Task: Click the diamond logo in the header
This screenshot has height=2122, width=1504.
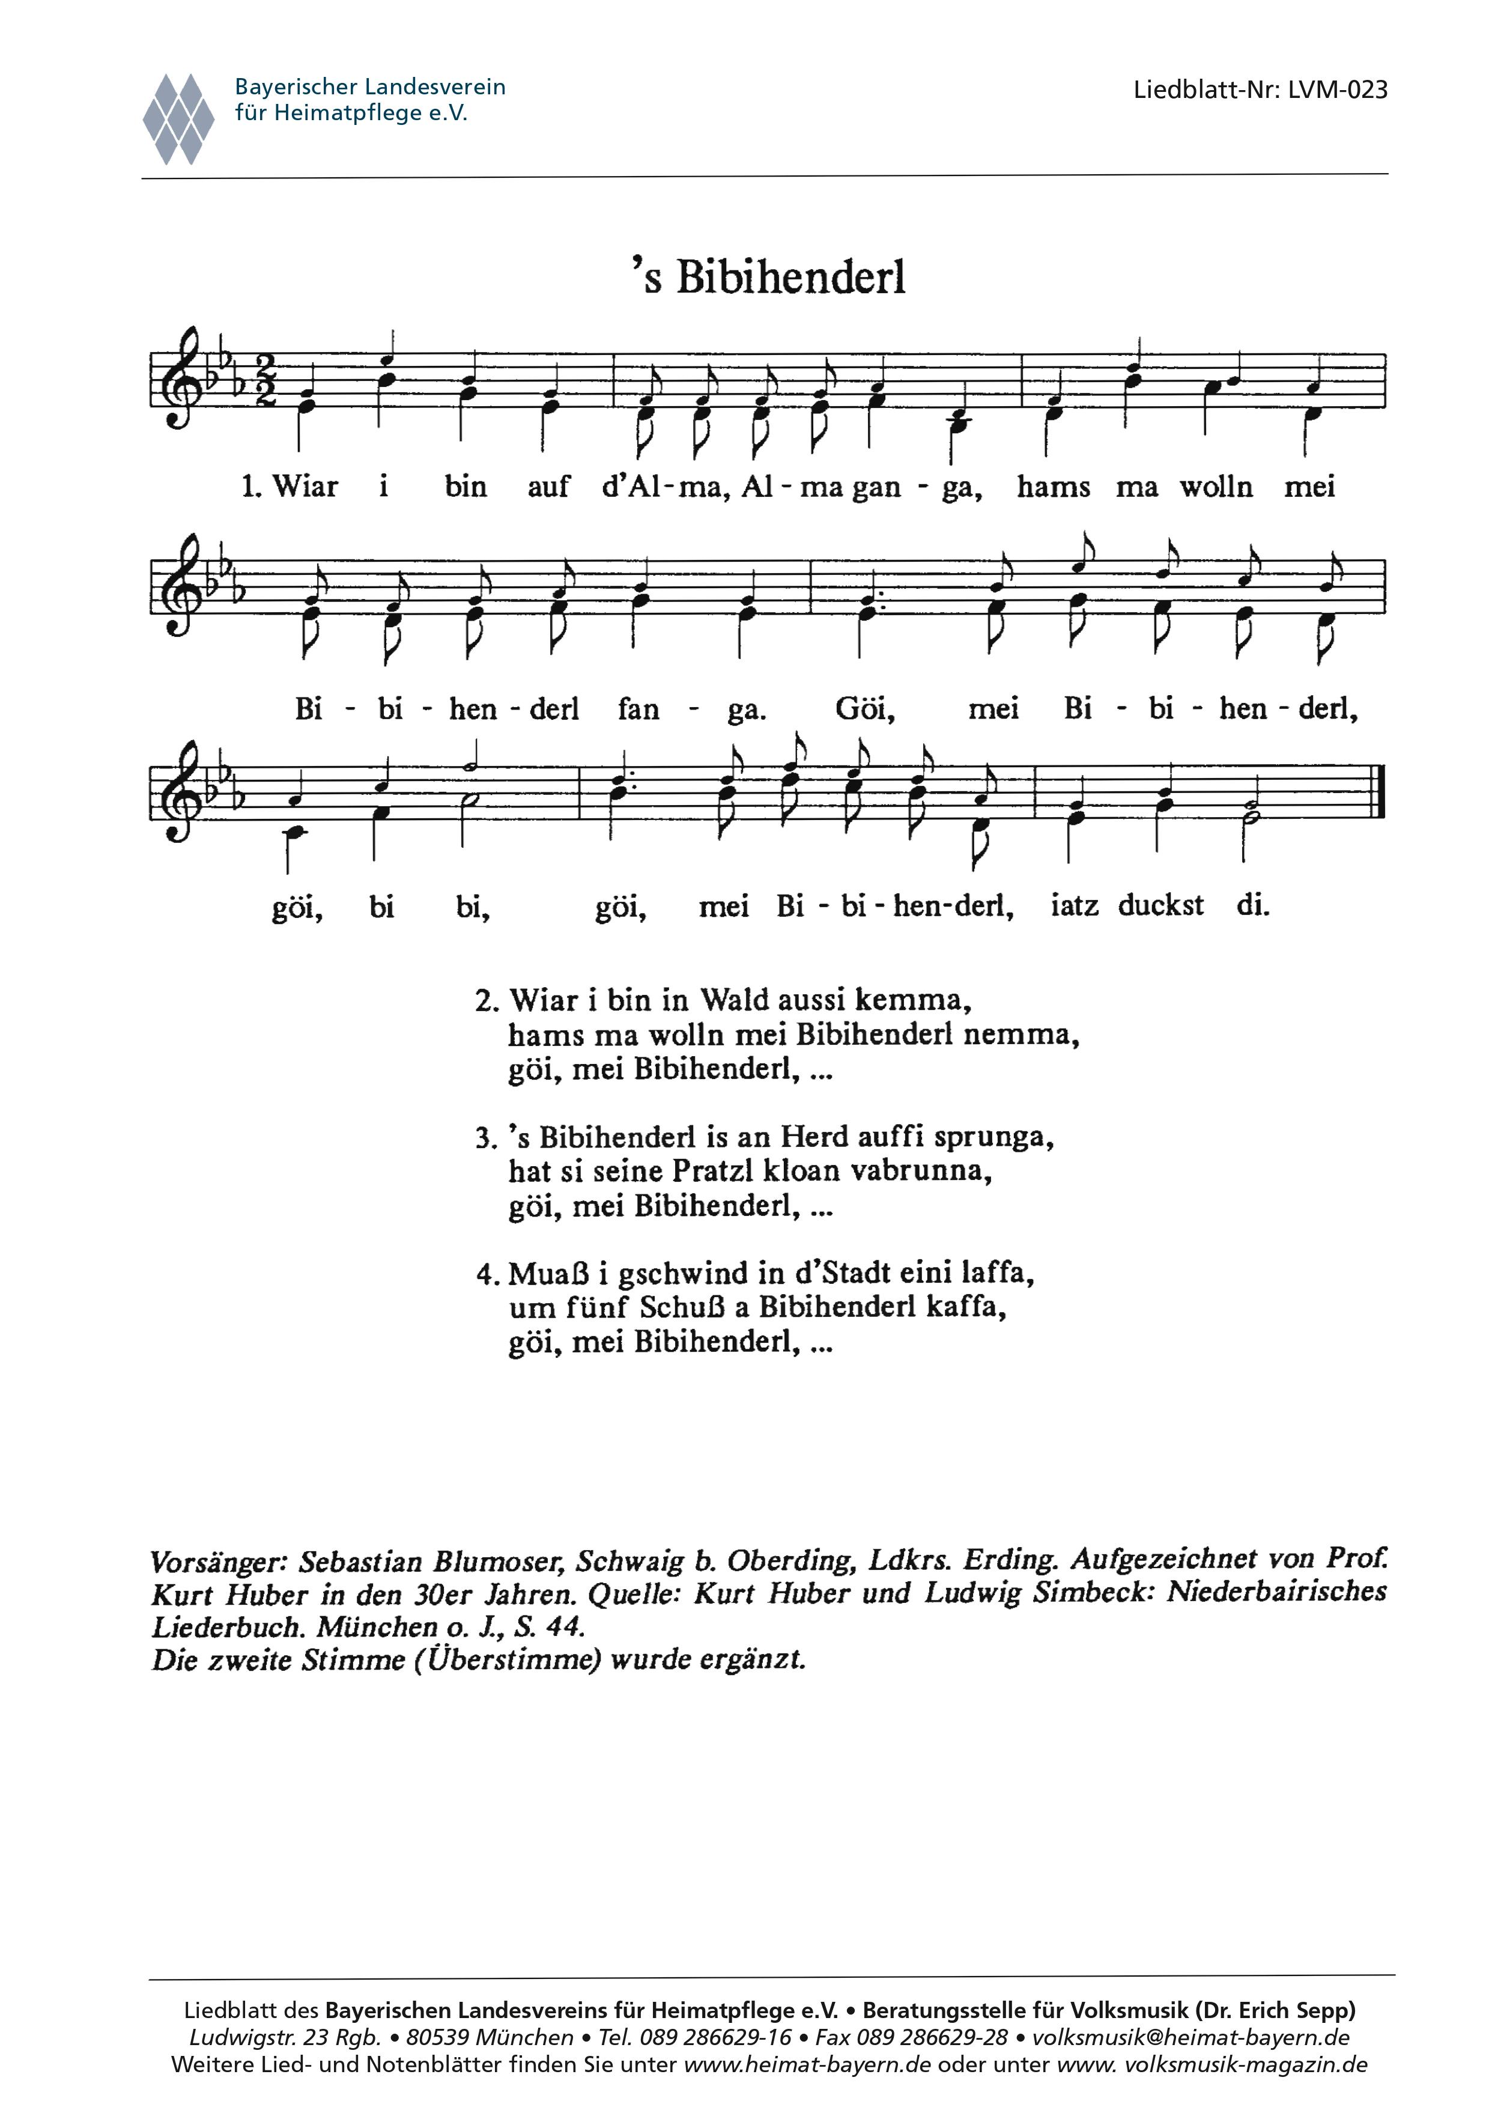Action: pos(179,118)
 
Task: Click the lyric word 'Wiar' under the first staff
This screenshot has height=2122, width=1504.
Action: pos(305,487)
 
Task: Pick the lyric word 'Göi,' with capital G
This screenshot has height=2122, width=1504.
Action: pos(865,710)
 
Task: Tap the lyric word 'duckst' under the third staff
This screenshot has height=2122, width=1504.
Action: pos(1160,905)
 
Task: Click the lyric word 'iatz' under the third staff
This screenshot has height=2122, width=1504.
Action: pos(1075,905)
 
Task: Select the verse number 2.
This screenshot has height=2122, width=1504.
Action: pos(486,1002)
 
